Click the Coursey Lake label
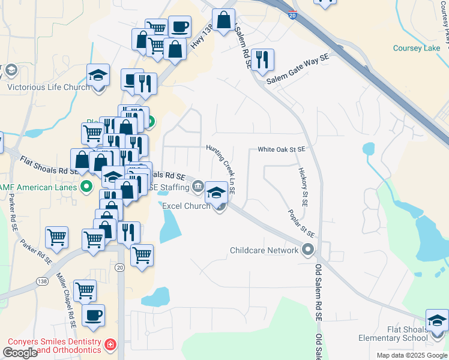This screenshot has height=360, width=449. (416, 48)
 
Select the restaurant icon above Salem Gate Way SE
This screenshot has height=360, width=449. (262, 59)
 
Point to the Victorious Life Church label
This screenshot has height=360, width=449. (48, 86)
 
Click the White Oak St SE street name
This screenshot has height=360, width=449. (282, 149)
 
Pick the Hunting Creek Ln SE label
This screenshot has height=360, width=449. (220, 170)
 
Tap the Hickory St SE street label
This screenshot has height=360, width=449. (303, 187)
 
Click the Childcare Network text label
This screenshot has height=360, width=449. (265, 250)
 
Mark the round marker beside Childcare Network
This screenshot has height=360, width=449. (309, 250)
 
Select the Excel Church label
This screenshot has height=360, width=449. (186, 206)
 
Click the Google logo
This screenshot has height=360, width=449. (20, 353)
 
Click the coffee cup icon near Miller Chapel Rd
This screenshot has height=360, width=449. (93, 315)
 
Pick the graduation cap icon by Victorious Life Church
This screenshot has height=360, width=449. (98, 76)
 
